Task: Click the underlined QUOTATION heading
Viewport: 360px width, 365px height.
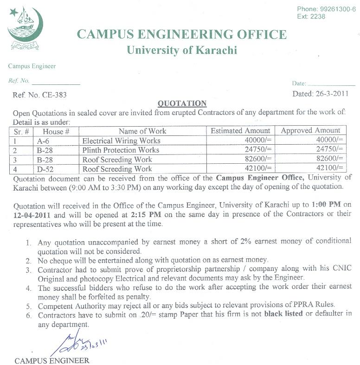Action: click(x=182, y=103)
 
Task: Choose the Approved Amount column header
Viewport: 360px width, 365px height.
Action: click(x=310, y=131)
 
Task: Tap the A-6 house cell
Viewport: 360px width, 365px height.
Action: click(x=43, y=141)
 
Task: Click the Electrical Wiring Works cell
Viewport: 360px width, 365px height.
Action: click(x=121, y=141)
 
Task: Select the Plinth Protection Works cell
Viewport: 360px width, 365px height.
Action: click(x=121, y=150)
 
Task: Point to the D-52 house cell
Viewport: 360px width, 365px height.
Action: click(x=45, y=169)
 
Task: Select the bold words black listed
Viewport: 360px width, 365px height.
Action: click(x=283, y=314)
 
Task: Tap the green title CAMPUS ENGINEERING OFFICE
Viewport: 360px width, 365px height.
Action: click(x=181, y=34)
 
